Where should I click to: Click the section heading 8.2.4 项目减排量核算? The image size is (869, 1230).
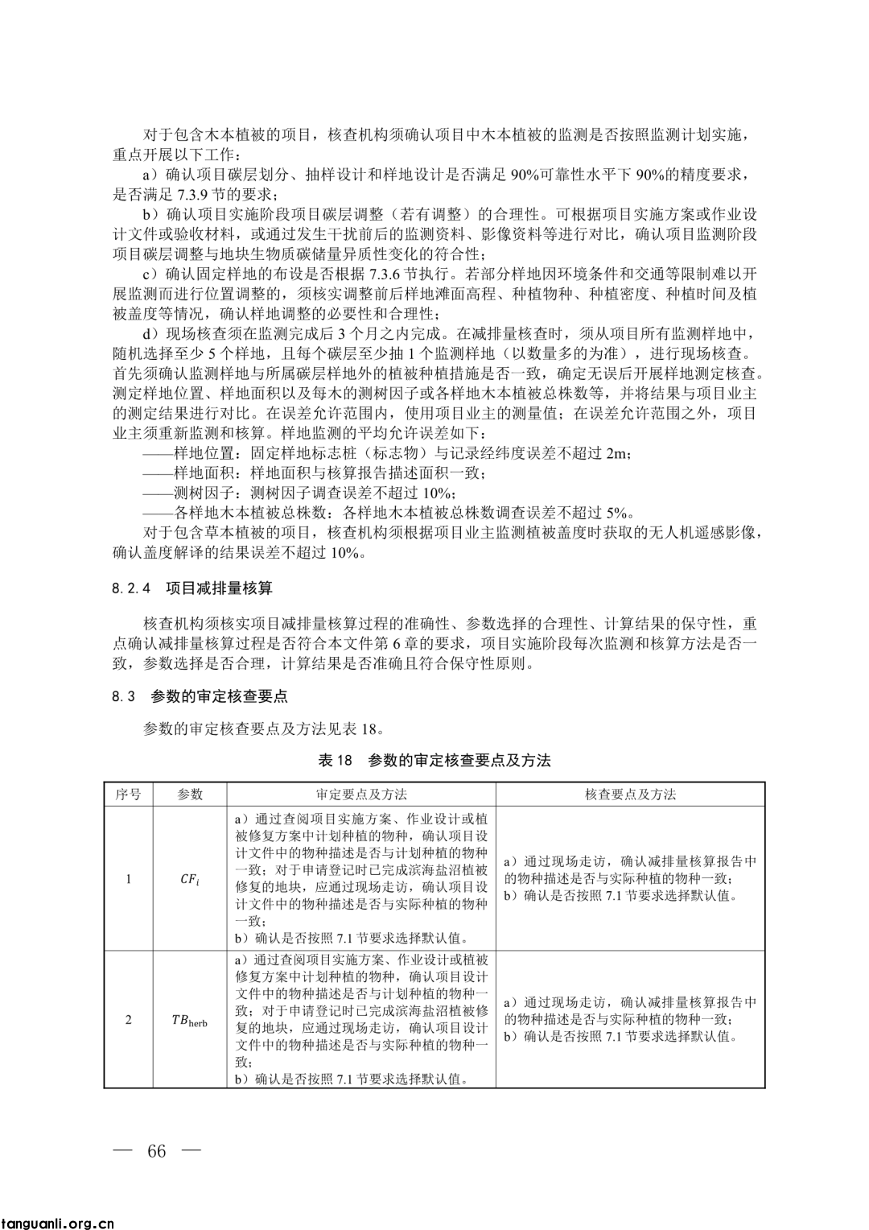coord(192,588)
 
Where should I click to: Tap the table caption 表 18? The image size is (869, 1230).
coord(434,761)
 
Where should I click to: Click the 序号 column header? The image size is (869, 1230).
coord(128,795)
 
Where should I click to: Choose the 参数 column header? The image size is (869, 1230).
coord(190,795)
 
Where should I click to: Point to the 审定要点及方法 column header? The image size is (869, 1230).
coord(361,795)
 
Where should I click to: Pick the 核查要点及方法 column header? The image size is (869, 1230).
coord(630,795)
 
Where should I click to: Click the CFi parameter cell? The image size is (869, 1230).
coord(190,879)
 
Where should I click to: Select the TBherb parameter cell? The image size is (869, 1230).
coord(190,1021)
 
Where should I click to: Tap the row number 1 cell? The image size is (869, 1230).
coord(128,879)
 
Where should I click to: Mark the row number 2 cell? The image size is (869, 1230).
coord(128,1021)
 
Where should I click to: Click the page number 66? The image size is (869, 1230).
coord(157,1151)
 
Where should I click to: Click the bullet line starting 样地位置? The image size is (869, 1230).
coord(386,454)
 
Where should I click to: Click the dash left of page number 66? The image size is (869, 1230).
coord(122,1151)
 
